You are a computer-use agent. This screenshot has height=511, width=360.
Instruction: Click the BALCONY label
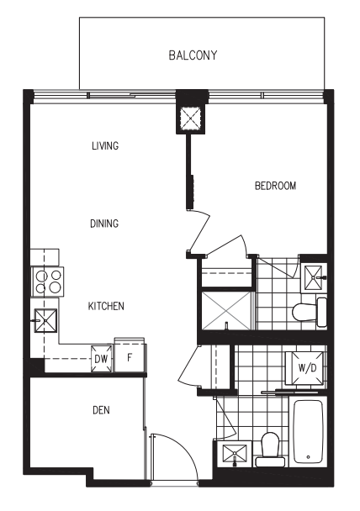coord(193,55)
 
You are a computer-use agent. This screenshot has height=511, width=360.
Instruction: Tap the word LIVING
coord(105,145)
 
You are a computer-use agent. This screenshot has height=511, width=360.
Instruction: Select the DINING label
coord(104,224)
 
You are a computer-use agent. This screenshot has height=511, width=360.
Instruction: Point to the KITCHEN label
coord(106,306)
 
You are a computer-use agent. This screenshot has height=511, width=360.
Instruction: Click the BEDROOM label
coord(275,186)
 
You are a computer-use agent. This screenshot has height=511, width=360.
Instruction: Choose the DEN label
coord(101,410)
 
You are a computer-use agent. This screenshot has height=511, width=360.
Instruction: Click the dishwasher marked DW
coord(102,359)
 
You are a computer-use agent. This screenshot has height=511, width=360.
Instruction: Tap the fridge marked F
coord(130,357)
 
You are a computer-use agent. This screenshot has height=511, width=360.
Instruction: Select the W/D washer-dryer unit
coord(306,368)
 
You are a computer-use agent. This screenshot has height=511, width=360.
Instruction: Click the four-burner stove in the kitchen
coord(48,282)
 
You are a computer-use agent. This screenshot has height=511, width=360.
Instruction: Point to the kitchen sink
coord(45,321)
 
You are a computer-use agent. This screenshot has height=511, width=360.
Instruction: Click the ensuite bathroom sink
coord(314,277)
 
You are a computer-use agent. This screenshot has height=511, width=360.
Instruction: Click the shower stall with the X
coord(226,311)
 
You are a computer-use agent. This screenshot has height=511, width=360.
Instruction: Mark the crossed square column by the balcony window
coord(190,119)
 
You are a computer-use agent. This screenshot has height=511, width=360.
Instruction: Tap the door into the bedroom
coord(199,231)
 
